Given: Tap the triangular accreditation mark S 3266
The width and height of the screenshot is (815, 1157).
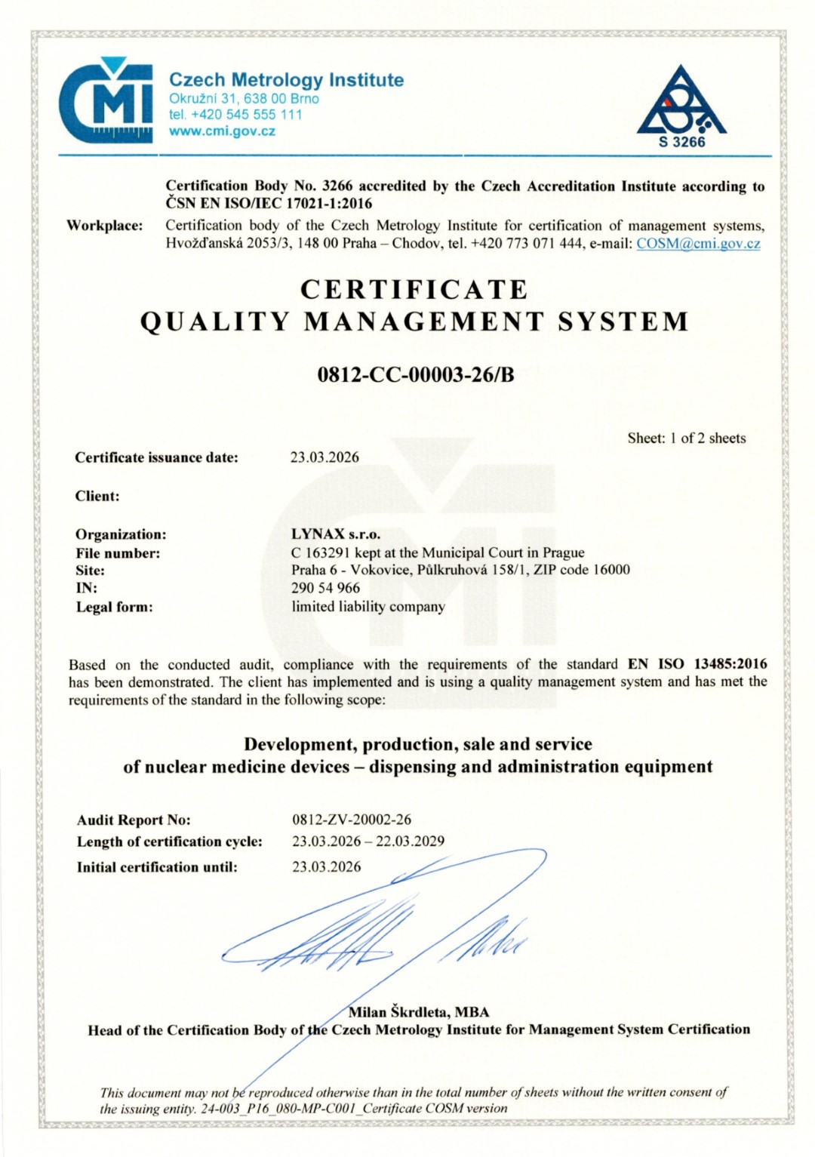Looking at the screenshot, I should (681, 106).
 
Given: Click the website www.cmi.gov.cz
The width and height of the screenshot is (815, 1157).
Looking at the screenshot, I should (222, 131).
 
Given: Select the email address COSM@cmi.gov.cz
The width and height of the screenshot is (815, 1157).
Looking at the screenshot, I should (698, 244).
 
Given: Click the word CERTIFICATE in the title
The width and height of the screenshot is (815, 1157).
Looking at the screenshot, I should (414, 290).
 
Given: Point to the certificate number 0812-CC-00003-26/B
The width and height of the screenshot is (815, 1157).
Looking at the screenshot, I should (416, 374).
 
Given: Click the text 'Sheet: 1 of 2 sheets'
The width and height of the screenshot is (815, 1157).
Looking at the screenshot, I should (686, 438).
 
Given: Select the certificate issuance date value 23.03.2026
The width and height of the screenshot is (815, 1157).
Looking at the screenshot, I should (324, 457).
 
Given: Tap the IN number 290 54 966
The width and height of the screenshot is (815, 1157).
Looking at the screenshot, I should (325, 588).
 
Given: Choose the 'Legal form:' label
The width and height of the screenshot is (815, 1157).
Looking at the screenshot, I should (114, 608).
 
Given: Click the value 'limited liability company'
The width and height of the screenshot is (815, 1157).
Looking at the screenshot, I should (368, 607).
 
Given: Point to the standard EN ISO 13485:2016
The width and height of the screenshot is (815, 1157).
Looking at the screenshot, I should (697, 664).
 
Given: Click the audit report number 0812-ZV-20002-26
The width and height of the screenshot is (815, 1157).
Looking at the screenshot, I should (352, 820).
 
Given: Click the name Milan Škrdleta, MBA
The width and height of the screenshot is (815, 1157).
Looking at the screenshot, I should (419, 1012).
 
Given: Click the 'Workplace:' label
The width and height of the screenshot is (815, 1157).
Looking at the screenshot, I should (104, 226).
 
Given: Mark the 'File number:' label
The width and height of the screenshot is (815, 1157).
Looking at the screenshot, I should (118, 553).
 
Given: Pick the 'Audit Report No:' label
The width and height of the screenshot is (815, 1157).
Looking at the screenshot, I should (134, 820).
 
